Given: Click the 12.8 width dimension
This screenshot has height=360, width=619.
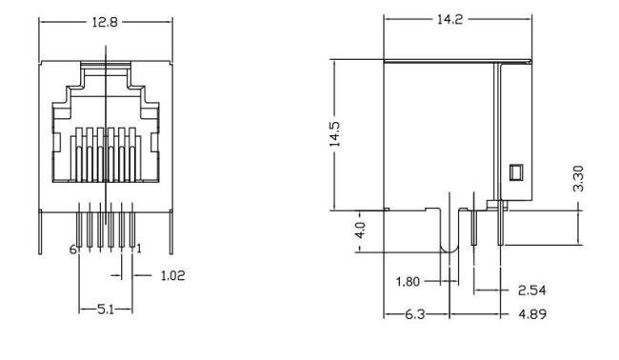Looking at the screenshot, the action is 105,22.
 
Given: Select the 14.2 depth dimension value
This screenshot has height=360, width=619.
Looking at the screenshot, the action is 449,19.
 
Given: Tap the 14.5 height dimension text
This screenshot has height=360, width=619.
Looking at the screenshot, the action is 335,134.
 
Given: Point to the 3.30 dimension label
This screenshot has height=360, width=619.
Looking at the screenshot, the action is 578,178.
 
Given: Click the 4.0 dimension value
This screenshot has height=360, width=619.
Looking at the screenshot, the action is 360,230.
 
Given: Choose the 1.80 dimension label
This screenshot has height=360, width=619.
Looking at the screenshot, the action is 408,282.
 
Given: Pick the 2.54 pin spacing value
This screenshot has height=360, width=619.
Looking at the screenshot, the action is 531,290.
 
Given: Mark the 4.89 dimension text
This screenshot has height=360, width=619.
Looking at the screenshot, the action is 532,314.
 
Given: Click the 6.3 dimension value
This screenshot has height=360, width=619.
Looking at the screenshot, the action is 415,314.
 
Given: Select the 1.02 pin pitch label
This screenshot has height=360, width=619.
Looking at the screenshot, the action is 173,275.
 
